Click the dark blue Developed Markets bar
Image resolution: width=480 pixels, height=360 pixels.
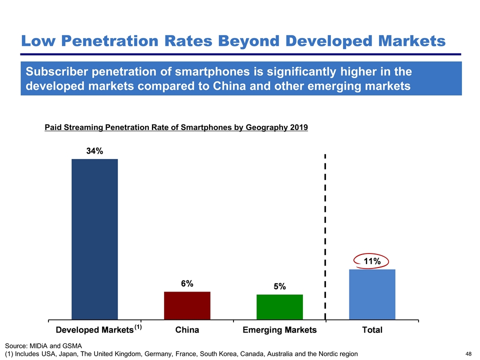(95, 239)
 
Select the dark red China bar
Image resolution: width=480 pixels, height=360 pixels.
(187, 305)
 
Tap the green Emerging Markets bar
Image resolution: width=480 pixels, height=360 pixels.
(279, 306)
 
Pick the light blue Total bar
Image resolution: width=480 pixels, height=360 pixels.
(372, 294)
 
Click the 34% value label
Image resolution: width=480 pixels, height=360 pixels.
(94, 151)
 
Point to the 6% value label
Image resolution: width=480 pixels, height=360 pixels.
(187, 283)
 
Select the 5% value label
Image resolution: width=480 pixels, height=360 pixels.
(279, 286)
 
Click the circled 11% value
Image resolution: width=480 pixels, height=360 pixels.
(371, 260)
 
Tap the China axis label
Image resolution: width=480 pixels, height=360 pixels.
(187, 330)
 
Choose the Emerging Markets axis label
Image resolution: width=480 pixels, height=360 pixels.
(279, 330)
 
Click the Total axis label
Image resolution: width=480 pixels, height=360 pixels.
(372, 330)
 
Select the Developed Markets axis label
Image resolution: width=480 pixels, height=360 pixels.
(94, 330)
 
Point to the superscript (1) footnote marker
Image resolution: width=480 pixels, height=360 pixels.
(138, 327)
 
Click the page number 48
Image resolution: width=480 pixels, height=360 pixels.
(468, 354)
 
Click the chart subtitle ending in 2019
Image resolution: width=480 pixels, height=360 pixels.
(176, 127)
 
